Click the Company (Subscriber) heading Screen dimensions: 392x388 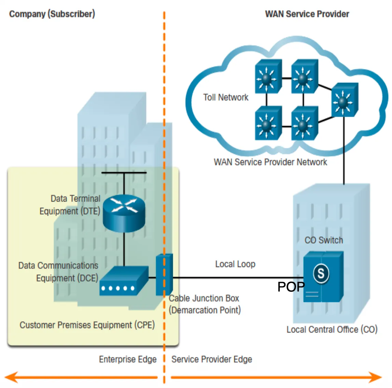[52, 14]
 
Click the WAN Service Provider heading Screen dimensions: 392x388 [307, 14]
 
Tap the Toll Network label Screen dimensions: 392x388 [226, 98]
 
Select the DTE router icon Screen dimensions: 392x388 [124, 213]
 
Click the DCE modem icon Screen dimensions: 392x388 [124, 281]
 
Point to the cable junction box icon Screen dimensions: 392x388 [164, 275]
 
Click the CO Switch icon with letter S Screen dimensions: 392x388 [323, 277]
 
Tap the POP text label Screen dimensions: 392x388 [291, 287]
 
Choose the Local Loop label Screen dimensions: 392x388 [235, 264]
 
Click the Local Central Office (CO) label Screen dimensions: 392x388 [332, 330]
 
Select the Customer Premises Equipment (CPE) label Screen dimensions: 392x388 [87, 325]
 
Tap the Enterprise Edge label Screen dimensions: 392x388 [128, 359]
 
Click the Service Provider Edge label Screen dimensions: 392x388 [212, 359]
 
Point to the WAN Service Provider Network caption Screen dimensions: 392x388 [270, 162]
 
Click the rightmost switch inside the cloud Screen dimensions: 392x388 [345, 100]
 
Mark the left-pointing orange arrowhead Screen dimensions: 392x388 [11, 377]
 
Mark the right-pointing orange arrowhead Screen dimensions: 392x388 [375, 377]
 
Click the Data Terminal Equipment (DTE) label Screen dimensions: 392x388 [70, 205]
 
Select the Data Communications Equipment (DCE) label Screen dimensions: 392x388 [58, 272]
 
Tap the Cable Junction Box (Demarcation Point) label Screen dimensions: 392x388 [205, 304]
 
